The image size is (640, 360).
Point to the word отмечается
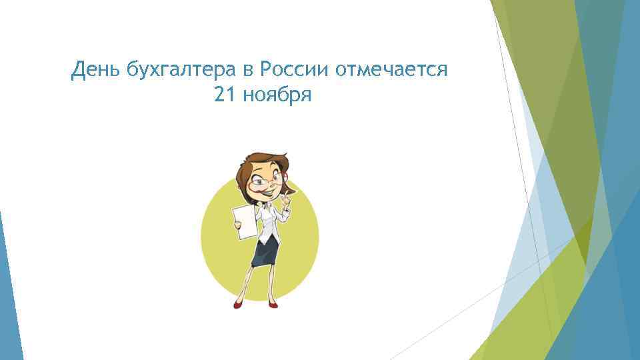(391, 69)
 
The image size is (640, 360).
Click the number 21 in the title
(225, 97)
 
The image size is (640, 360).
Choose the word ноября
(278, 97)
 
